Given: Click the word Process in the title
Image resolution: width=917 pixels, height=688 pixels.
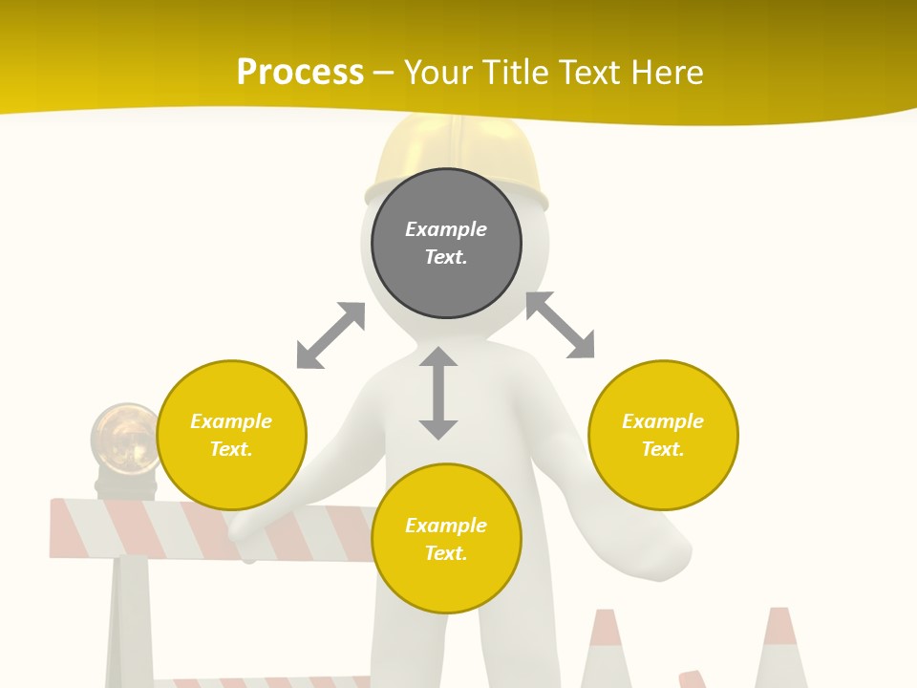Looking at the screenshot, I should coord(300,73).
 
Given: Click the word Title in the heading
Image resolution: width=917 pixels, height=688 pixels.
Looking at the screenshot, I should coord(521,73).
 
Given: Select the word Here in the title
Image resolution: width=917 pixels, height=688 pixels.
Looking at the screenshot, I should coord(668,73).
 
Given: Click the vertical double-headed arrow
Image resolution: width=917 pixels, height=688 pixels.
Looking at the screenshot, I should coord(438,393).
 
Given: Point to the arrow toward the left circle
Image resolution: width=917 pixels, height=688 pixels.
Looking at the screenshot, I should coord(331,335).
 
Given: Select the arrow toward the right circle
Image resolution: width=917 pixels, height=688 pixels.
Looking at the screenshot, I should coord(561,325).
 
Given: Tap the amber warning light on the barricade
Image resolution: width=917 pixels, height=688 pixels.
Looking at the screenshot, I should coord(124,441).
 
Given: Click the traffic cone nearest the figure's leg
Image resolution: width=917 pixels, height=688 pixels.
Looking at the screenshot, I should coord(606,650).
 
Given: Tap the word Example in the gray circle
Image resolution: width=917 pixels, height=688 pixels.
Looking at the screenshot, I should coord(446,229).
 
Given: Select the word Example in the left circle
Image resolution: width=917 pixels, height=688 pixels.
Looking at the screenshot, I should coord(231,421).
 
